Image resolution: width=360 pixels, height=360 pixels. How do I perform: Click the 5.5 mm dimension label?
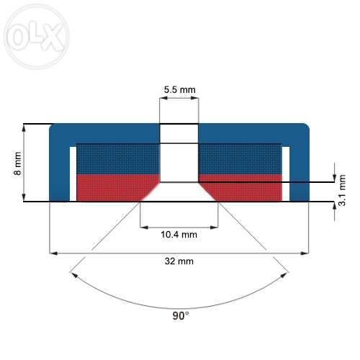[x=179, y=90]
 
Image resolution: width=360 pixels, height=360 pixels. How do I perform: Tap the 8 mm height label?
[x=18, y=163]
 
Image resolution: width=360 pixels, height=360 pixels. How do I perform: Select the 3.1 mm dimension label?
[x=342, y=190]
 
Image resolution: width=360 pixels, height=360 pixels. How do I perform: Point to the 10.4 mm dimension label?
[x=179, y=235]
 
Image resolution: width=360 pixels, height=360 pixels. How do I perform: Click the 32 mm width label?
[x=179, y=261]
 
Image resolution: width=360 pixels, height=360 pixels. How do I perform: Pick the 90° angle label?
[x=181, y=315]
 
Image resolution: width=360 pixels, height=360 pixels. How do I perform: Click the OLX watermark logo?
[x=37, y=37]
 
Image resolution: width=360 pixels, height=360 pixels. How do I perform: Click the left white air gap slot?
[x=73, y=174]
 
